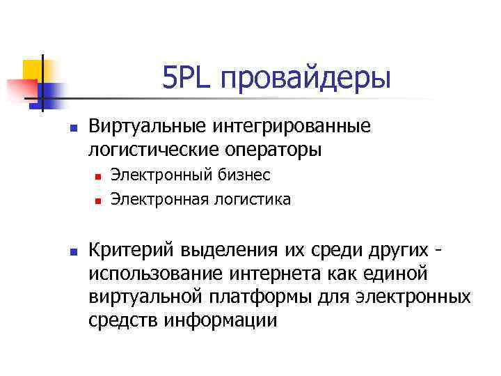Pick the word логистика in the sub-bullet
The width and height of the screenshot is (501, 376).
pos(253,200)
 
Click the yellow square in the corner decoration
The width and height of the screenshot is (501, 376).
pos(33,69)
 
